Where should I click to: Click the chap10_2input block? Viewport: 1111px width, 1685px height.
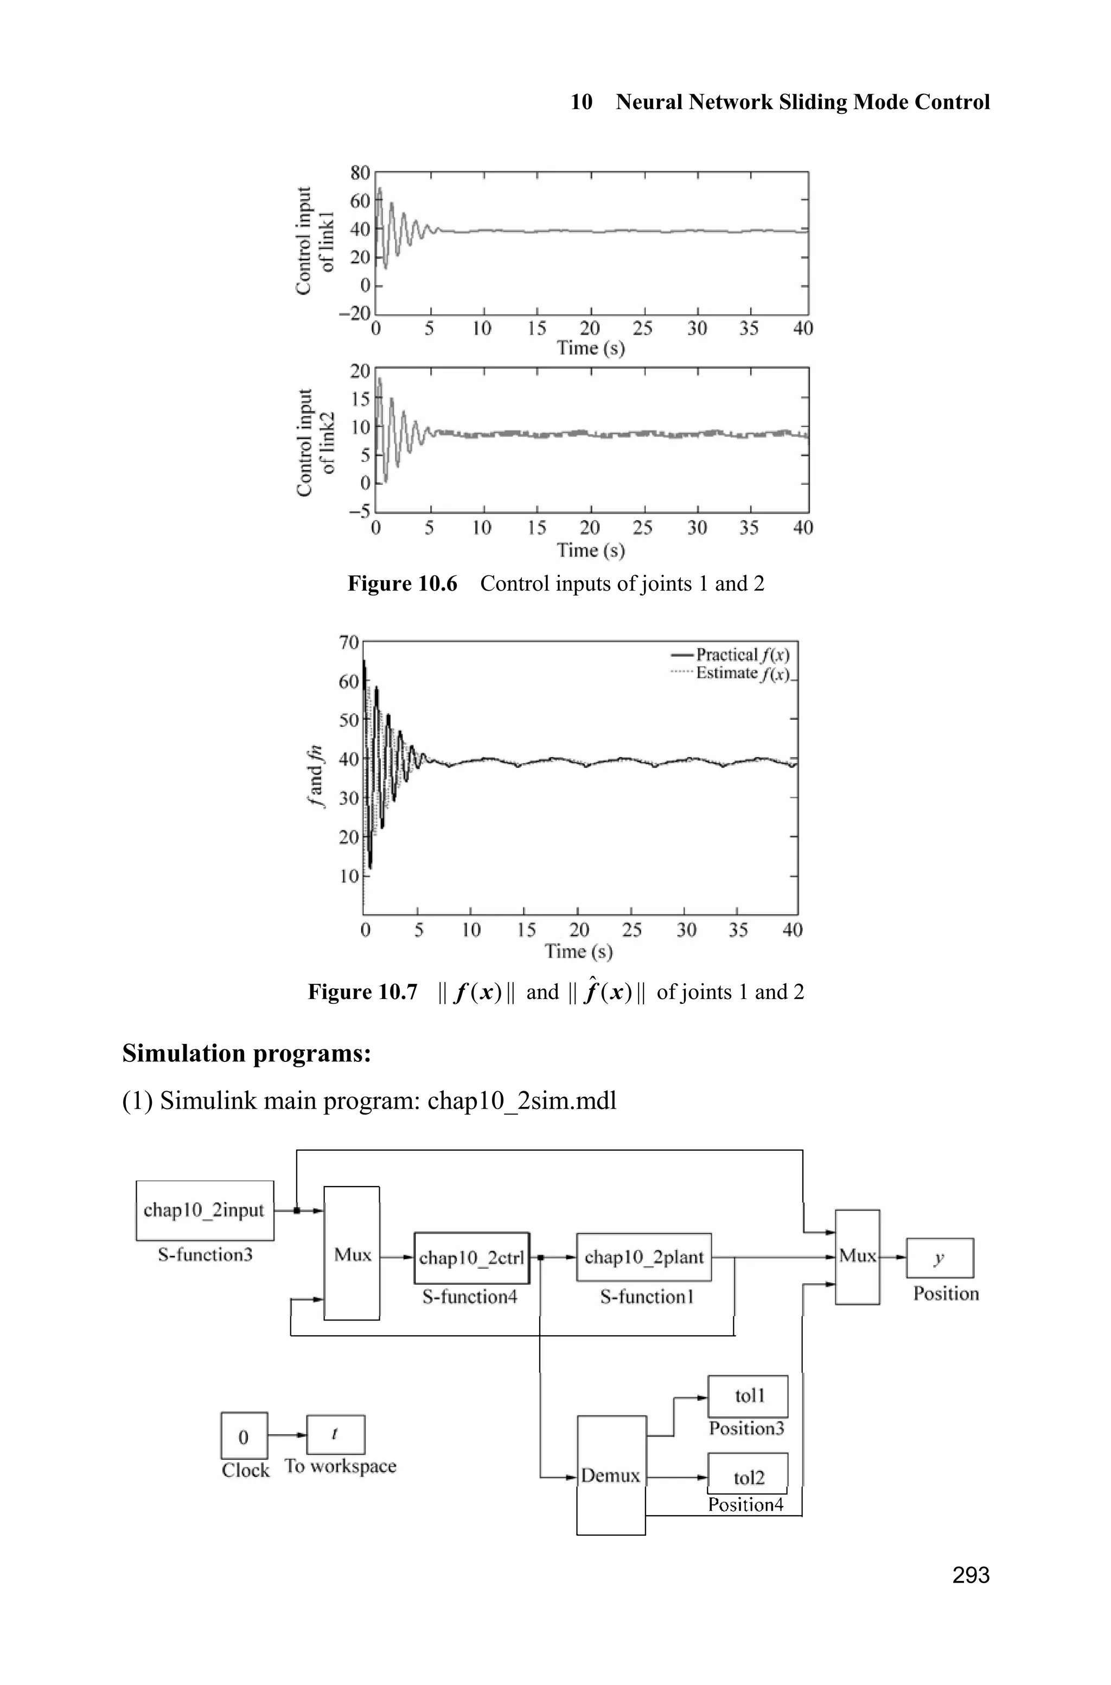(205, 1210)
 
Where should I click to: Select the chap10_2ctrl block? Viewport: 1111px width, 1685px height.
(472, 1257)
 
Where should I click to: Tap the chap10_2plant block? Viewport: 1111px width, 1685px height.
(643, 1257)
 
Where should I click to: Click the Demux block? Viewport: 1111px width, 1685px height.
(611, 1475)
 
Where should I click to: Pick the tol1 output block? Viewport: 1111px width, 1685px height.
(748, 1396)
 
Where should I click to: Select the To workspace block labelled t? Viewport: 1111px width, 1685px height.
(335, 1434)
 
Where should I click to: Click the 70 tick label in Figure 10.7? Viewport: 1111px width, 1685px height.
(349, 643)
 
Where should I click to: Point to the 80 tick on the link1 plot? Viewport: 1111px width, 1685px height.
(360, 173)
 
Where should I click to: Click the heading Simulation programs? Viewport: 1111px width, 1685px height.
(247, 1053)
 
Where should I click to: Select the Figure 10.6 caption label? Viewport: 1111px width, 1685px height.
(402, 584)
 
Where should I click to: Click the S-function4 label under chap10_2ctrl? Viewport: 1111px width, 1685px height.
(470, 1297)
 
